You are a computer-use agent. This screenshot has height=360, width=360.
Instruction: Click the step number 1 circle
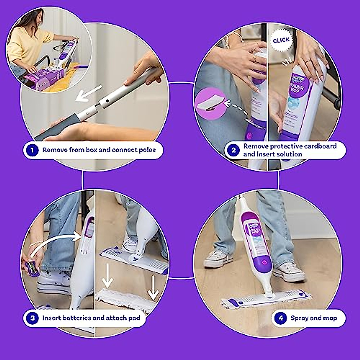pyautogui.click(x=32, y=150)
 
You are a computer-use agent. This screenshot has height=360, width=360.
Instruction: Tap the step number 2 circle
pyautogui.click(x=234, y=150)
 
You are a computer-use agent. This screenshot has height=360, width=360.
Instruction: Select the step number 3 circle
pyautogui.click(x=32, y=318)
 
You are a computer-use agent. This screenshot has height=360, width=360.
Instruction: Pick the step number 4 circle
pyautogui.click(x=281, y=318)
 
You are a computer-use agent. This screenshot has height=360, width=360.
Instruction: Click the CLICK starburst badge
pyautogui.click(x=281, y=40)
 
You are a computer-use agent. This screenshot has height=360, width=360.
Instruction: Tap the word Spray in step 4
pyautogui.click(x=299, y=318)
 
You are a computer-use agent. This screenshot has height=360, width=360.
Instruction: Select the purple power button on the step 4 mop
pyautogui.click(x=264, y=262)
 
